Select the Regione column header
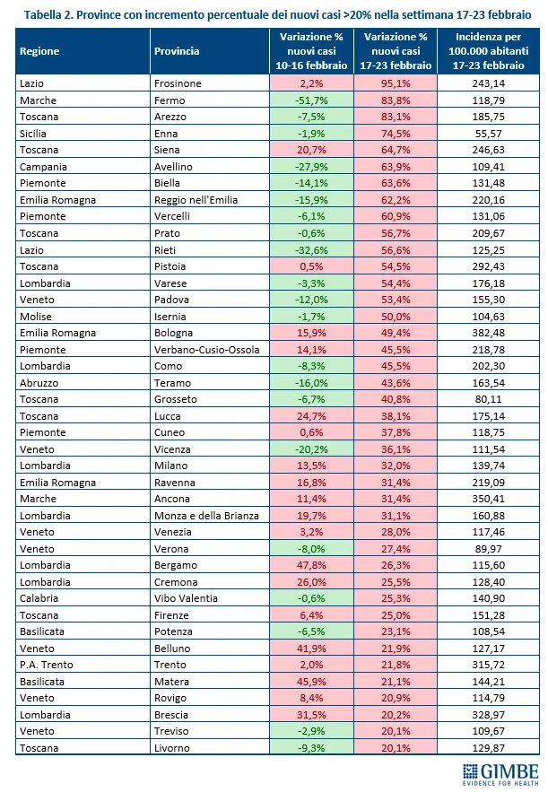click(x=39, y=51)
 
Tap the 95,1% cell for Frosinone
click(x=396, y=83)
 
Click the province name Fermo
click(x=168, y=100)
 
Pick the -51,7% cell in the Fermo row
click(x=311, y=100)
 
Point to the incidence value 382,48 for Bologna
click(x=488, y=333)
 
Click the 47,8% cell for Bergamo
click(x=311, y=565)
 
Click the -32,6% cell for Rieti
click(x=311, y=249)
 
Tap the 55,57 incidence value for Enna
click(x=488, y=134)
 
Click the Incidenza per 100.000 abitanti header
click(x=488, y=51)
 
